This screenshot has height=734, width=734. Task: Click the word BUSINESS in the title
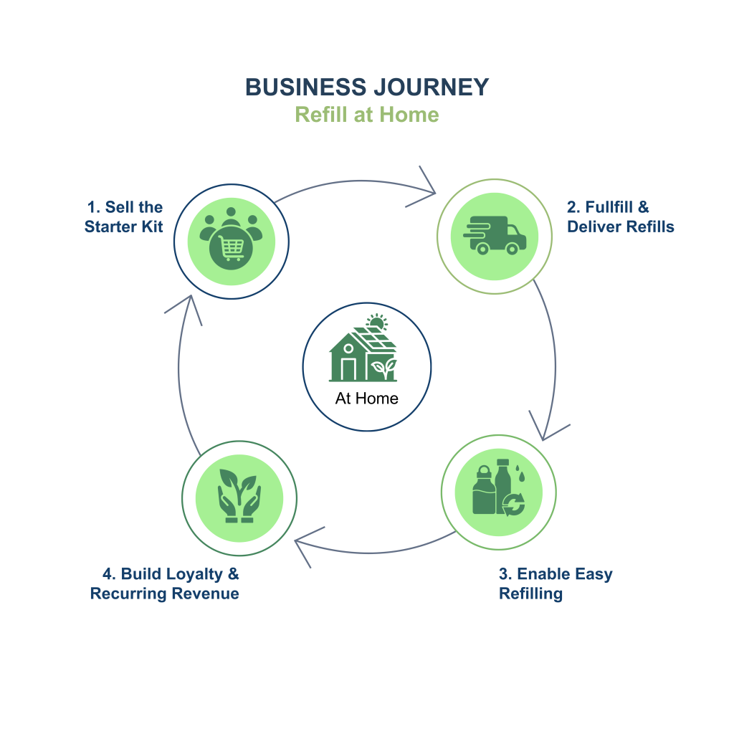point(305,87)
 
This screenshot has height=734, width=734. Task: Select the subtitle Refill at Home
point(366,115)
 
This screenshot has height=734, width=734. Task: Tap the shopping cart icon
point(230,249)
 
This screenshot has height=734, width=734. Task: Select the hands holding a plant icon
point(239,496)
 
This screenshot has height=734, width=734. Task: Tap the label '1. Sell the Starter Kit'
point(124,216)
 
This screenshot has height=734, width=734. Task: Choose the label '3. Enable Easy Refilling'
point(556,583)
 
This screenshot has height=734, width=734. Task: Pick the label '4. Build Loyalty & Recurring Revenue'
point(165,583)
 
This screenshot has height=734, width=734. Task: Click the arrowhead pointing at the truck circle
point(428,190)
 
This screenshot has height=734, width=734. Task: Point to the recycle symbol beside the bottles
point(515,504)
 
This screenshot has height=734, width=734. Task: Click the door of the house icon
point(348,369)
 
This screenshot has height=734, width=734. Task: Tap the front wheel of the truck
point(512,249)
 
